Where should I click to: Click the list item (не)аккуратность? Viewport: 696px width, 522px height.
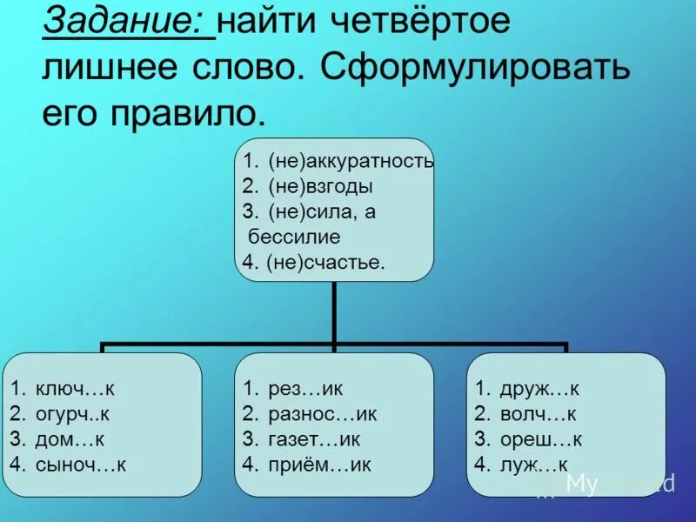pyautogui.click(x=350, y=161)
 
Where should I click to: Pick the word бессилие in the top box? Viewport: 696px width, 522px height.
pyautogui.click(x=294, y=237)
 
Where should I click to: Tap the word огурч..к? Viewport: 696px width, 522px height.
pyautogui.click(x=73, y=414)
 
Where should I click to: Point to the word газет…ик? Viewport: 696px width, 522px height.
pyautogui.click(x=313, y=439)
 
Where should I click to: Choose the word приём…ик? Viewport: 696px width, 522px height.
pyautogui.click(x=319, y=465)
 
